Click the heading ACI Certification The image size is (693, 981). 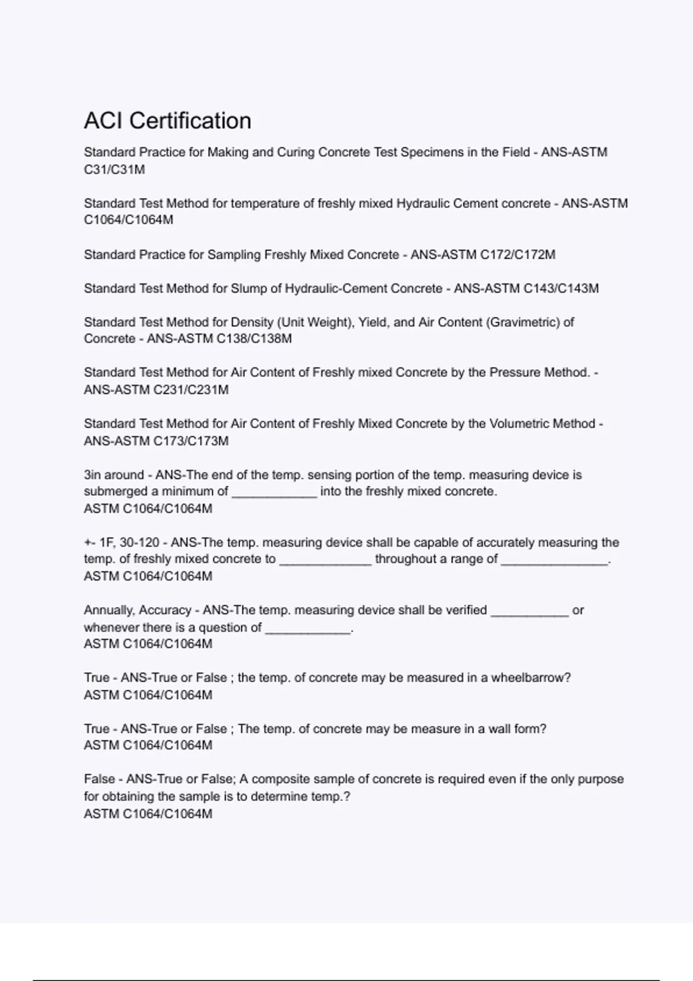pyautogui.click(x=167, y=121)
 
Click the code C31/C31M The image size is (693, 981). pyautogui.click(x=114, y=170)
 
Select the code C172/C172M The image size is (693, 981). pyautogui.click(x=517, y=254)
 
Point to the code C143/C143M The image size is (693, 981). pyautogui.click(x=561, y=288)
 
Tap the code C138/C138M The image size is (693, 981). pyautogui.click(x=254, y=339)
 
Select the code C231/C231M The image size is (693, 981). pyautogui.click(x=191, y=390)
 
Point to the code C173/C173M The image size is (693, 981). pyautogui.click(x=191, y=441)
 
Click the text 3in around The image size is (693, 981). pyautogui.click(x=113, y=475)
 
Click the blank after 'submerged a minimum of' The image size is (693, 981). pyautogui.click(x=274, y=492)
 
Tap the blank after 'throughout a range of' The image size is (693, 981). pyautogui.click(x=554, y=560)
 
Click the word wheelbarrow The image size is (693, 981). pyautogui.click(x=530, y=677)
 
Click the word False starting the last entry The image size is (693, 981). pyautogui.click(x=99, y=779)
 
